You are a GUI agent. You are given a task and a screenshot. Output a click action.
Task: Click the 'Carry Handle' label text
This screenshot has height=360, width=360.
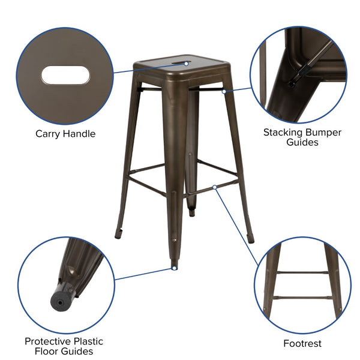(65, 134)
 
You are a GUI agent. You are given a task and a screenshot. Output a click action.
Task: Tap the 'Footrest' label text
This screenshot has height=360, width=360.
(302, 344)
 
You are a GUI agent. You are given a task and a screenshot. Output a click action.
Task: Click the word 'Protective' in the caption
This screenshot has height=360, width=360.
(48, 341)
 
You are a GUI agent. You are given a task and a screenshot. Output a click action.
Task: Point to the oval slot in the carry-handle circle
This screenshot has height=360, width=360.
(65, 75)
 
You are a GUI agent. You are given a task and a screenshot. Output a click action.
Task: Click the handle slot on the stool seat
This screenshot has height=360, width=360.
(179, 62)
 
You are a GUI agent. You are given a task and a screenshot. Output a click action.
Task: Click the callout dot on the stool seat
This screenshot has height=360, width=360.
(187, 63)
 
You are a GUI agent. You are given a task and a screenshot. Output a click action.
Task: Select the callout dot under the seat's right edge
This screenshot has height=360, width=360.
(224, 92)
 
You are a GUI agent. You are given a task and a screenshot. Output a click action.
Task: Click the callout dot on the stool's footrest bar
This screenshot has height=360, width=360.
(215, 187)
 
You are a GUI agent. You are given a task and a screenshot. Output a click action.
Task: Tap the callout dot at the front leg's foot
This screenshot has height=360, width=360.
(175, 268)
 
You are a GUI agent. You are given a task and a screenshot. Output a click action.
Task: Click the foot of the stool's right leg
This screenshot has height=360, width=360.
(251, 239)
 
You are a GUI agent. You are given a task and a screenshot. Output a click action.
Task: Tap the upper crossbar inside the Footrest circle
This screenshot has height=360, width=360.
(302, 272)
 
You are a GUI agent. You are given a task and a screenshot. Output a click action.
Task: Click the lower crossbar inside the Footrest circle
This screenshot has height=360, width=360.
(302, 296)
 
